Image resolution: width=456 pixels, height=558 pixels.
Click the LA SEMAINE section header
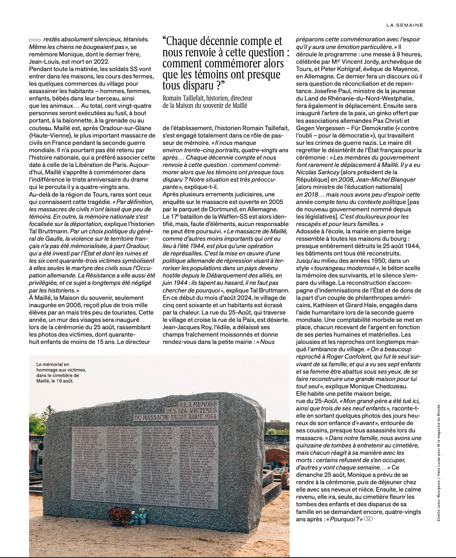tap(405, 25)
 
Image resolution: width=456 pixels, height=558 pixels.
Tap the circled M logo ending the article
tap(368, 519)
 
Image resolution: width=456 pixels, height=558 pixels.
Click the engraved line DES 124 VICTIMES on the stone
tap(191, 410)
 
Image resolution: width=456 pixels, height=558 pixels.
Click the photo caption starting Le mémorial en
tap(61, 372)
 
